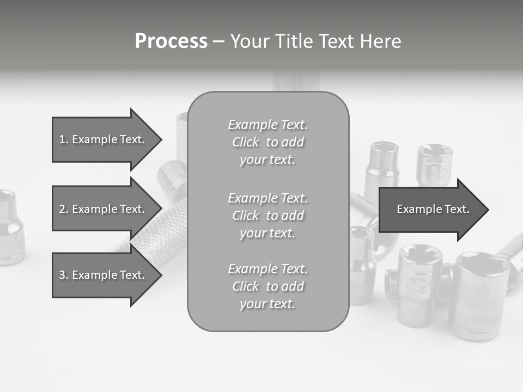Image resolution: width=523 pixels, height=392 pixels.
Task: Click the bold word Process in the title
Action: pos(171,41)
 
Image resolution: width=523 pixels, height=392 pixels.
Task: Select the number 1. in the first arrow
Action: pos(64,139)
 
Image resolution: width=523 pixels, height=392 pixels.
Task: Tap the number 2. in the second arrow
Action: pos(64,209)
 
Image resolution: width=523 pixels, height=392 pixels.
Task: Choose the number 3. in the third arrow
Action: pos(64,275)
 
